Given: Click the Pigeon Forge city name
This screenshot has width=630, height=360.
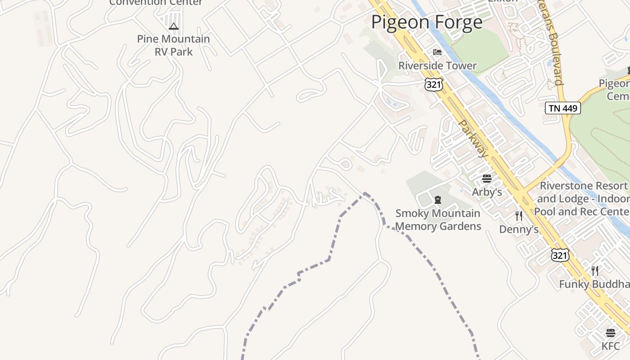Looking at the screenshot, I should point(427,22).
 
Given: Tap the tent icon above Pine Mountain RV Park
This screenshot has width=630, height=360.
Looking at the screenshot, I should point(174,27).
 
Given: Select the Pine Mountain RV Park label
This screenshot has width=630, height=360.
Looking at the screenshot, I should point(174,45).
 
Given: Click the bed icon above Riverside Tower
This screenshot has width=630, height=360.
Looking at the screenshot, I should point(437,52).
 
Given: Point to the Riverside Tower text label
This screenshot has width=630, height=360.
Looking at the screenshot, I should point(437,66).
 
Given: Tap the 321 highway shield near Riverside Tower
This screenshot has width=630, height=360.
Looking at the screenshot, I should point(433,84).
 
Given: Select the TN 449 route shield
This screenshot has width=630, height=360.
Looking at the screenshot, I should point(562,108).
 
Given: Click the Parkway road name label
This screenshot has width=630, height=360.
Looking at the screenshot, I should point(473,139).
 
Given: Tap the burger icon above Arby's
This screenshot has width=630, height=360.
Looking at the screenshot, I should point(486,179).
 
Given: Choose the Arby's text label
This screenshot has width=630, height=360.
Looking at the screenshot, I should point(486,192).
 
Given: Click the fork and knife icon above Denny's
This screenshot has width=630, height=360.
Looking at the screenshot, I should point(519,216).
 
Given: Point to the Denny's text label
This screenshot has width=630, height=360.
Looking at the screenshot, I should point(519,229).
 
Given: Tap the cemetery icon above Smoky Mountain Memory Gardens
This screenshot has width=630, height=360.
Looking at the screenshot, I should point(438,199).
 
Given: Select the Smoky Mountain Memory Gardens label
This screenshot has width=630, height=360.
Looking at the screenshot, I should point(438,220).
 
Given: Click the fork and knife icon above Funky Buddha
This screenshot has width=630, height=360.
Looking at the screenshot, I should point(595,270).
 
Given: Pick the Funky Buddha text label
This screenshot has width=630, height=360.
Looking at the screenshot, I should point(594,284).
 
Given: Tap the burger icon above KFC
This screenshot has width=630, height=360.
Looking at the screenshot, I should point(611,333).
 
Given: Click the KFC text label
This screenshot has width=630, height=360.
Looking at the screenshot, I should point(611,346).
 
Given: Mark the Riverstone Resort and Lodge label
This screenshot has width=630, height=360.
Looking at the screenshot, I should point(583,198).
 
